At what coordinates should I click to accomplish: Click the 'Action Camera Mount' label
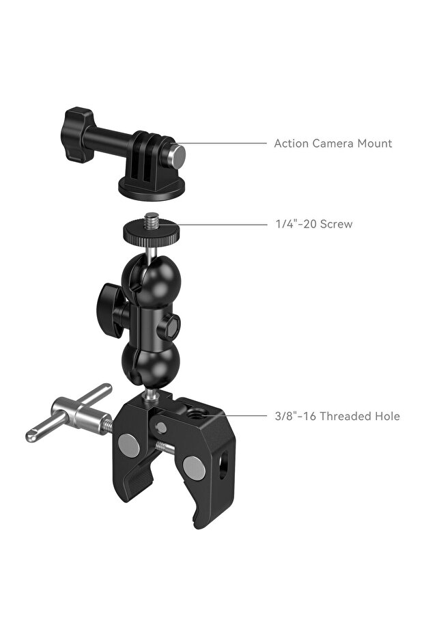click(333, 143)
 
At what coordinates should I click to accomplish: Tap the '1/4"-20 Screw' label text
click(314, 224)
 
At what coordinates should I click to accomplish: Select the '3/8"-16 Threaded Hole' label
click(337, 416)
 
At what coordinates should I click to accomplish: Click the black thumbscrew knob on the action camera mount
click(77, 135)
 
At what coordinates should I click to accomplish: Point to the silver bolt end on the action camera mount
click(177, 155)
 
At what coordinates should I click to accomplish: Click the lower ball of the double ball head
click(151, 363)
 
